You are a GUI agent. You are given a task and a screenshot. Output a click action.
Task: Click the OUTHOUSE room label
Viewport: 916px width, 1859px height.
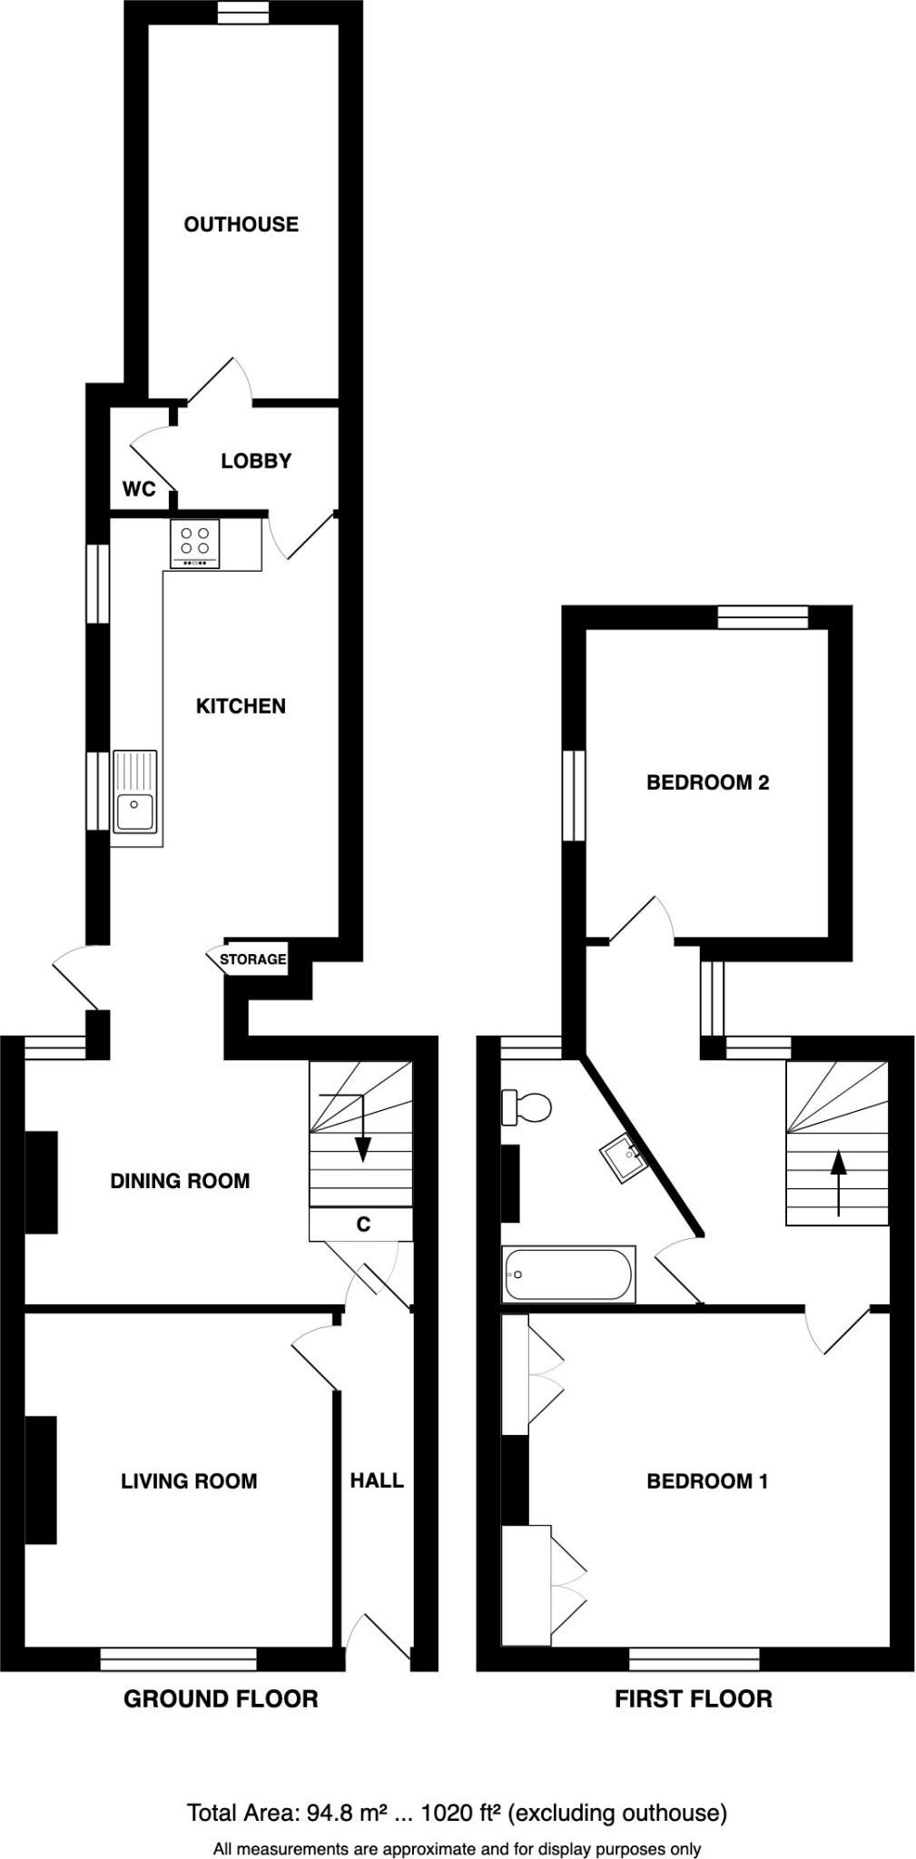tap(241, 224)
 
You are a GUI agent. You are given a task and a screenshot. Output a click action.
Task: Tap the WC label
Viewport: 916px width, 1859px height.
tap(139, 489)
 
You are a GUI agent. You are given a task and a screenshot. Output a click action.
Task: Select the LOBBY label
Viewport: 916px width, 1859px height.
tap(256, 461)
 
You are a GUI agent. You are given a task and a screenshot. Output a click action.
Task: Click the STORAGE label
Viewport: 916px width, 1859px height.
tap(252, 959)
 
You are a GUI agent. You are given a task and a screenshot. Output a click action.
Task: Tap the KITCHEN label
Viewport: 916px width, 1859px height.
tap(241, 706)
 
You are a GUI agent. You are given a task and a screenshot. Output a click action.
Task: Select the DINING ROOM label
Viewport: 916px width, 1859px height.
tap(180, 1181)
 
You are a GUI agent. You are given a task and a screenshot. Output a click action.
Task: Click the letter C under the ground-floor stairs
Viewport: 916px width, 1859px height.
tap(363, 1225)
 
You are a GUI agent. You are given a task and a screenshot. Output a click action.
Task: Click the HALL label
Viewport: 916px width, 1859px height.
tap(377, 1480)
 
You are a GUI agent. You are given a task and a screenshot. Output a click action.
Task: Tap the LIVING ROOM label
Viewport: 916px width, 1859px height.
tap(189, 1481)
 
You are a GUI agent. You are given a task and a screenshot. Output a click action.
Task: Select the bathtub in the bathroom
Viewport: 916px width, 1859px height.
tap(568, 1274)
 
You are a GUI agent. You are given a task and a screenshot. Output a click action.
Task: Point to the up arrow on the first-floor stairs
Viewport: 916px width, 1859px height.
tap(838, 1180)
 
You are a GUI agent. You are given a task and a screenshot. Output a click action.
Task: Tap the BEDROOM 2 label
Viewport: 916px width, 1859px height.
tap(707, 782)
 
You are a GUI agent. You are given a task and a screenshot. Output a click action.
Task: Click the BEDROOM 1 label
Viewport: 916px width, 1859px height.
tap(707, 1481)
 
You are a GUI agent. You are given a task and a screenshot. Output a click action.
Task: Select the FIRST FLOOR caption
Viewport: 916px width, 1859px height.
tap(694, 1699)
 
